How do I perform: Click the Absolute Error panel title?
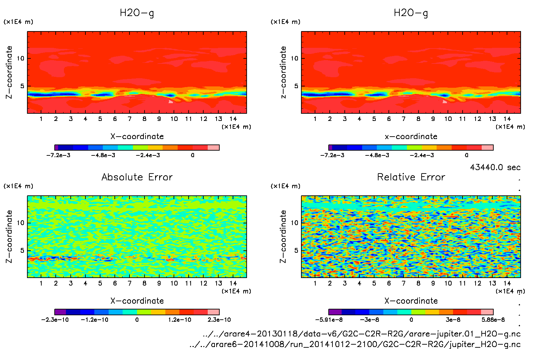point(137,177)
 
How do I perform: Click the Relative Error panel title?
point(411,177)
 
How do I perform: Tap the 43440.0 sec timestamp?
point(495,167)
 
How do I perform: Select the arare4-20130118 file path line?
point(361,334)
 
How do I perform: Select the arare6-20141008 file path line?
point(355,344)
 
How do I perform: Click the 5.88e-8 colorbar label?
point(493,320)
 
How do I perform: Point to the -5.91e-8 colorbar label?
point(329,320)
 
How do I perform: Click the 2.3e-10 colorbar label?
point(219,320)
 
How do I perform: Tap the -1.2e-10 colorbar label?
point(95,320)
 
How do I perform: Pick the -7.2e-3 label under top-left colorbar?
point(58,155)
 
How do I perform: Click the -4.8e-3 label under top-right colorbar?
point(377,155)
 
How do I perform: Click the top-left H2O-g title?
point(137,13)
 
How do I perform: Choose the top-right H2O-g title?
point(411,13)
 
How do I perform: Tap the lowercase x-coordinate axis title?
point(411,137)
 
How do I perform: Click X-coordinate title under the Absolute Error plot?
point(137,301)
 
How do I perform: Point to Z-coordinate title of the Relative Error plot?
point(283,236)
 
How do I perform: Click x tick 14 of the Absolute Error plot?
point(233,283)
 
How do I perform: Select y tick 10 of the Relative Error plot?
point(294,223)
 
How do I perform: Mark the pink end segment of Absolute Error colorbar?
point(214,312)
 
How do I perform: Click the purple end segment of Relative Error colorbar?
point(335,312)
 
